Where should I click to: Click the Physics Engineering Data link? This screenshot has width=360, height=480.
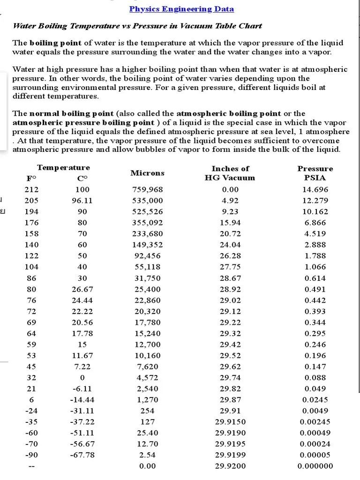pyautogui.click(x=181, y=9)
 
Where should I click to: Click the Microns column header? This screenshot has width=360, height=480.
pyautogui.click(x=148, y=173)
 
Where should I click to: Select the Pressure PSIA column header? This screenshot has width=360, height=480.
pyautogui.click(x=315, y=173)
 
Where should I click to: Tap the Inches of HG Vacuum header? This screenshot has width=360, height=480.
pyautogui.click(x=230, y=173)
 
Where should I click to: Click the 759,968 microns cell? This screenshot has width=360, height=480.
pyautogui.click(x=148, y=190)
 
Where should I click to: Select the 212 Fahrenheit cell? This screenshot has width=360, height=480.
pyautogui.click(x=31, y=190)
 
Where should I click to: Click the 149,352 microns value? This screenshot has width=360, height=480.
pyautogui.click(x=148, y=245)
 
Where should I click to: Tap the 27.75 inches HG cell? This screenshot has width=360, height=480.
pyautogui.click(x=230, y=267)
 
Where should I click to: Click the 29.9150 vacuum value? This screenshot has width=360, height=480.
pyautogui.click(x=230, y=422)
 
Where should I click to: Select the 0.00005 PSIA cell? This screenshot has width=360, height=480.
pyautogui.click(x=315, y=455)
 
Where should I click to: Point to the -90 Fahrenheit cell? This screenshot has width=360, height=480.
pyautogui.click(x=31, y=455)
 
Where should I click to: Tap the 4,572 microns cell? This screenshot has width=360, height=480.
pyautogui.click(x=148, y=378)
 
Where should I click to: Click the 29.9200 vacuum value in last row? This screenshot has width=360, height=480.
pyautogui.click(x=230, y=466)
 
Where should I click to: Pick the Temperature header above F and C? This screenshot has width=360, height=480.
pyautogui.click(x=63, y=167)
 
